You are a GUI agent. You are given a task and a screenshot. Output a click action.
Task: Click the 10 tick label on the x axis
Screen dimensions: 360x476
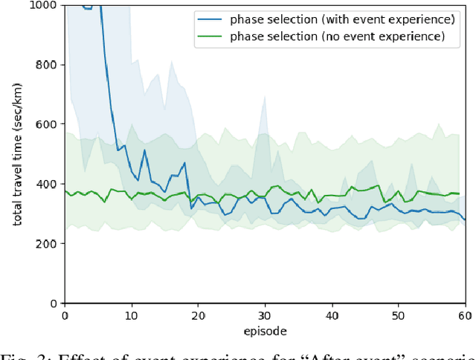point(132,315)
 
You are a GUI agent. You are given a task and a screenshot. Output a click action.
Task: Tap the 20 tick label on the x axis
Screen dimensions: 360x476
point(198,315)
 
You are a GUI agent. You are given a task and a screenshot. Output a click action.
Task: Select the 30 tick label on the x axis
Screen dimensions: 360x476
point(265,315)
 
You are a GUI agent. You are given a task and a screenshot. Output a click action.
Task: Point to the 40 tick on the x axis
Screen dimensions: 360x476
point(332,315)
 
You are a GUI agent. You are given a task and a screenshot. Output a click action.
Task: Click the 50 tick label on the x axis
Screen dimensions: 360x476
point(398,315)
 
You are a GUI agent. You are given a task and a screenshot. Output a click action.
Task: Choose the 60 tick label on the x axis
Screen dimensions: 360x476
point(464,315)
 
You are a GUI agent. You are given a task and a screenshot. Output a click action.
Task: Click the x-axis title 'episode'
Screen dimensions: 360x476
point(265,330)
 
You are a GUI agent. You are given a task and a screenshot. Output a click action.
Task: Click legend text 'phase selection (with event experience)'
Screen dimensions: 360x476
point(341,19)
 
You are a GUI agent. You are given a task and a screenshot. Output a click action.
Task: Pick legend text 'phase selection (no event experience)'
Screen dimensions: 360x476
point(338,35)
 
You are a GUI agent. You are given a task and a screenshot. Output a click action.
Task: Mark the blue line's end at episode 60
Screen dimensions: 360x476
point(465,219)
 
